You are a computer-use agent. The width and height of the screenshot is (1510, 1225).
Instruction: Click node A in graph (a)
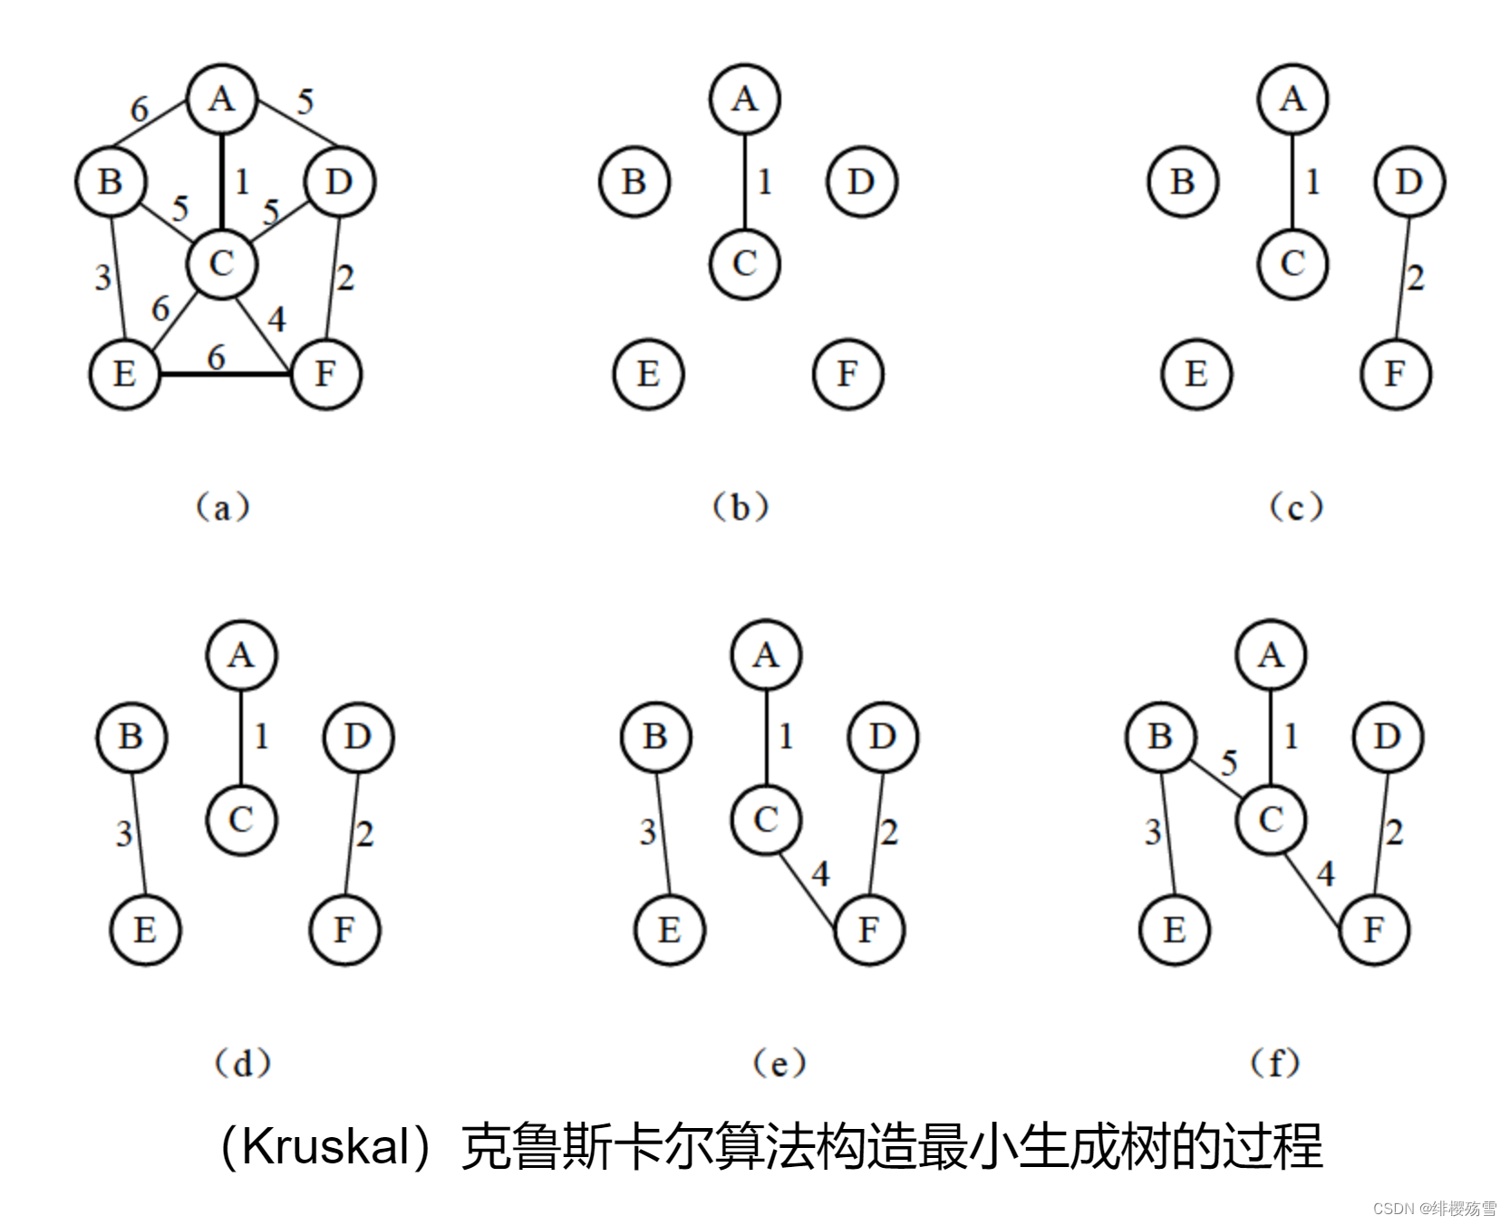(x=222, y=99)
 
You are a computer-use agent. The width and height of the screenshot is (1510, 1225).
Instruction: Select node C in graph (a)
(x=222, y=264)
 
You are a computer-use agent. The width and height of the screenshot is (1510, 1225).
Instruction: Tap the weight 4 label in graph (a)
(x=276, y=319)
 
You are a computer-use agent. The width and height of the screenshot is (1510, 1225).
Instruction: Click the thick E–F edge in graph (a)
(x=226, y=373)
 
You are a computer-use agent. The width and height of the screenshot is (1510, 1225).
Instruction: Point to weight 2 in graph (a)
(x=345, y=277)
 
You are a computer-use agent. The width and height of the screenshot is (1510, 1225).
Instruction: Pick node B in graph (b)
(x=634, y=182)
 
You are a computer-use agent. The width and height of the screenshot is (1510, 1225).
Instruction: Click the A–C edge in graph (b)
(x=745, y=181)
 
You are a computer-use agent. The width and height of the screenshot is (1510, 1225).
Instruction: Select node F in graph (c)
(x=1396, y=373)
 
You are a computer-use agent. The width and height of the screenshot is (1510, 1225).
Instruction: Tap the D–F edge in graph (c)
(x=1402, y=277)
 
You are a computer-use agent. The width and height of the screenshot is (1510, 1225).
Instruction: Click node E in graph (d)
(x=145, y=930)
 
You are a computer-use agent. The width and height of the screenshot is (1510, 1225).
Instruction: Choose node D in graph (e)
(x=883, y=738)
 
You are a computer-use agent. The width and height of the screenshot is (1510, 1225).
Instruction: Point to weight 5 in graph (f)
(x=1229, y=763)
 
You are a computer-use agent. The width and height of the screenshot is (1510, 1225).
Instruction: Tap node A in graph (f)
(x=1271, y=655)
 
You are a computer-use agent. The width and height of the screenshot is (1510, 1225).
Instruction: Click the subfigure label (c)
(x=1296, y=507)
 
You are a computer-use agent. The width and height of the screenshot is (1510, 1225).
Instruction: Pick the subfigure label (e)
(x=779, y=1063)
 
